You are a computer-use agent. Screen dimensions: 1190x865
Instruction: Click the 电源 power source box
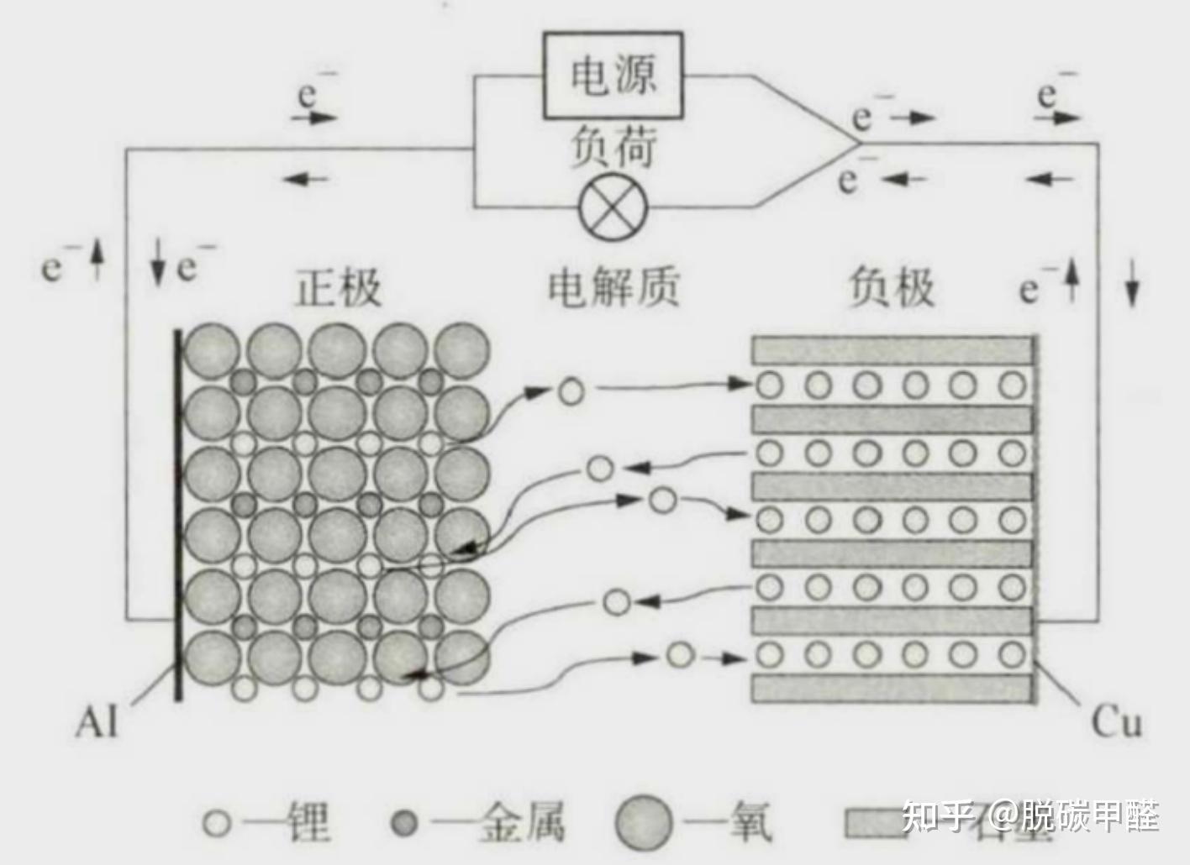612,76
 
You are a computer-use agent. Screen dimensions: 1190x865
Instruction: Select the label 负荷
613,149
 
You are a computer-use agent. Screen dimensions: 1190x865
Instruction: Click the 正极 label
338,288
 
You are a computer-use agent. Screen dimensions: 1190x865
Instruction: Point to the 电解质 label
613,288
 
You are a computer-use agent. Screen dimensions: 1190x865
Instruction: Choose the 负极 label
891,288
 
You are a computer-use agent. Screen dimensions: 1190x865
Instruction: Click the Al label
97,721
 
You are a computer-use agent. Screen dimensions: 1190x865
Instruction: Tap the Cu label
1117,721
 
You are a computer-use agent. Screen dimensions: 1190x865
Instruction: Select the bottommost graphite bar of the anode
892,689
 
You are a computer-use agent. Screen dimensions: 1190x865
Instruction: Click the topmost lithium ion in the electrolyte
571,390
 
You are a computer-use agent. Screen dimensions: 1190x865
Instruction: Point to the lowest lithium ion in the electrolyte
680,654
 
